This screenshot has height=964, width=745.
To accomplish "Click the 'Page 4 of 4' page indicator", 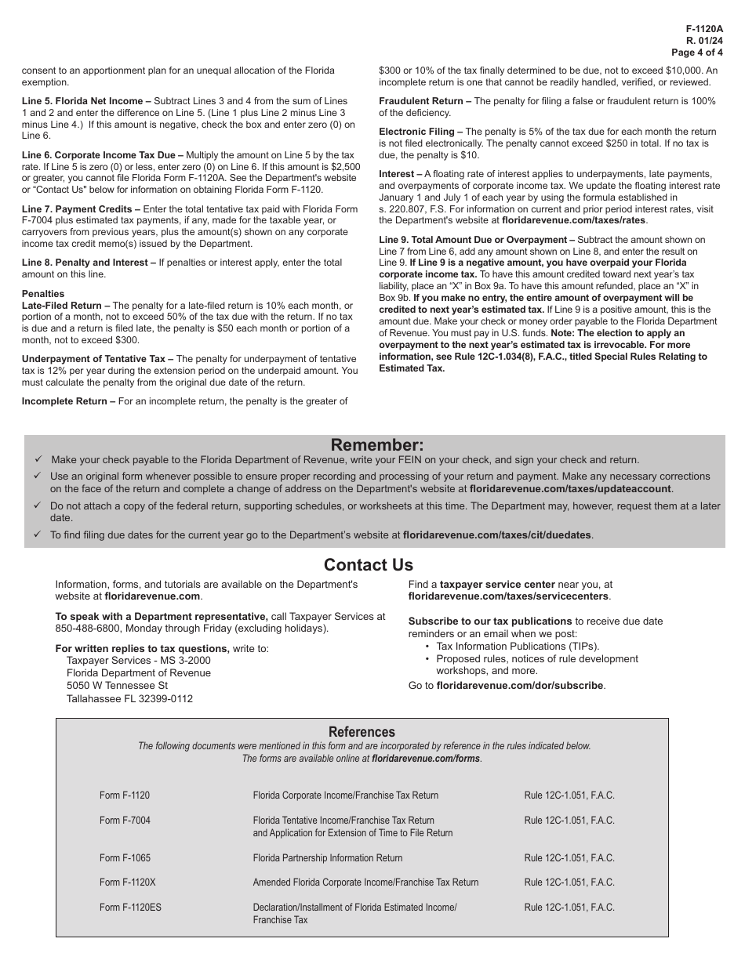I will tap(697, 53).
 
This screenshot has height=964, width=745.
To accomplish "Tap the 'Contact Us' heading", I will tap(368, 565).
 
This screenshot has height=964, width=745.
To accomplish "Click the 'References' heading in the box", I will tap(362, 731).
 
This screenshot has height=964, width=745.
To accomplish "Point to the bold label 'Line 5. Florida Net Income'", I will tap(86, 101).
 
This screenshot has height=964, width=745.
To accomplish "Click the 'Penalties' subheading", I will tap(43, 294).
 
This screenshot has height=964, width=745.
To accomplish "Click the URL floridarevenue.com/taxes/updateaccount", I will tap(570, 488).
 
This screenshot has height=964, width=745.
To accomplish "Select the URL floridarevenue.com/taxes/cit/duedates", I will tap(497, 535).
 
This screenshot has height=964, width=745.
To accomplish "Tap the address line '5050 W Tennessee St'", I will tap(117, 686).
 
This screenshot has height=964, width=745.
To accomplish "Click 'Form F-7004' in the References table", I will tap(125, 821).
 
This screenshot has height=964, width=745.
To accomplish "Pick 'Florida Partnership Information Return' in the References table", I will tap(327, 858).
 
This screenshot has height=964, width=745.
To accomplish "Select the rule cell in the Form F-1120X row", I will tap(569, 882).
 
